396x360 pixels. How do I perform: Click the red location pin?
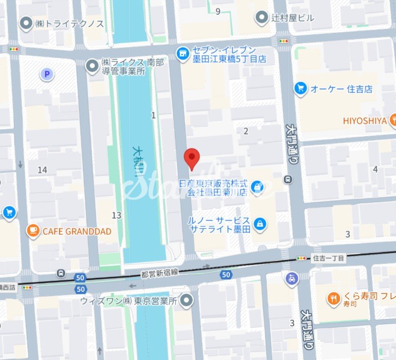(192, 158)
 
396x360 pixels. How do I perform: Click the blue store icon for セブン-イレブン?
(182, 52)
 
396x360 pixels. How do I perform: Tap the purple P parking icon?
(47, 75)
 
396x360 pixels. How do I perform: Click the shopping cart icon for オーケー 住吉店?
(300, 89)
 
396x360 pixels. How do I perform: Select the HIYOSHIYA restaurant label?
(365, 120)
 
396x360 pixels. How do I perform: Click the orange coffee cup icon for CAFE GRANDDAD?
(33, 231)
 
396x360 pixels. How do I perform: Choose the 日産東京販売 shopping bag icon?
(257, 187)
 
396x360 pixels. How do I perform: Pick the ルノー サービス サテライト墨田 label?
(218, 224)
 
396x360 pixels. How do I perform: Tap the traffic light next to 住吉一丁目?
(302, 258)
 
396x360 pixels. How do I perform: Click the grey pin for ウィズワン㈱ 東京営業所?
(186, 300)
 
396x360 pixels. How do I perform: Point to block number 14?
(42, 170)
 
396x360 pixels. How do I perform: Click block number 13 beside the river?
(116, 215)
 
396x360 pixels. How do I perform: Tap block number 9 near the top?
(218, 11)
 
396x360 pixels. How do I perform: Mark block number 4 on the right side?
(375, 169)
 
